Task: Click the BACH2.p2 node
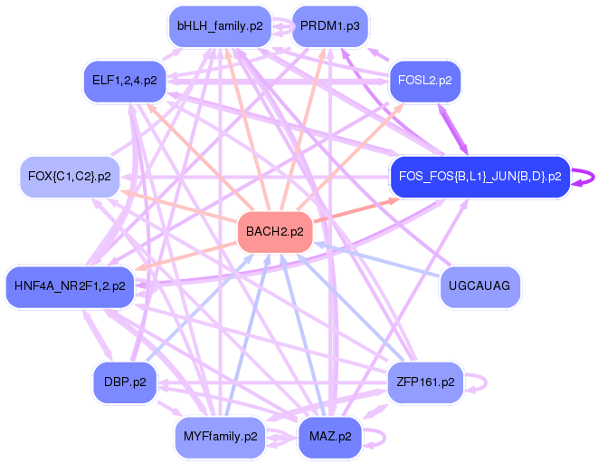[x=275, y=232]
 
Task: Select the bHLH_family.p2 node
[x=220, y=25]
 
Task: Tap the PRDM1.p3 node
[x=329, y=25]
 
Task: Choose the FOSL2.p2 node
[x=425, y=80]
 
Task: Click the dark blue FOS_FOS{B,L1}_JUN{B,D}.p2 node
[x=479, y=176]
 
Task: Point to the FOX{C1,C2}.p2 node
[x=69, y=176]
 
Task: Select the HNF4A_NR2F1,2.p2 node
[x=70, y=285]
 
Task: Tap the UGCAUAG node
[x=479, y=286]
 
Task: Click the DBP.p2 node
[x=125, y=382]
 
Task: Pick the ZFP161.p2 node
[x=425, y=382]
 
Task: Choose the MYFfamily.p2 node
[x=220, y=436]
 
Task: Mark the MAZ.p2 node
[x=329, y=436]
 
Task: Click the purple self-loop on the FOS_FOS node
[x=591, y=176]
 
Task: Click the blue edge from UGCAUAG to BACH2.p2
[x=380, y=260]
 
